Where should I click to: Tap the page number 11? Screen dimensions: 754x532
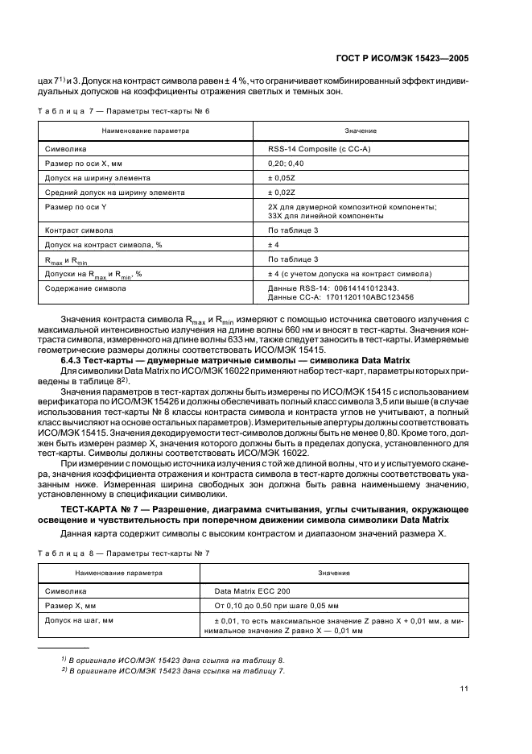(x=464, y=688)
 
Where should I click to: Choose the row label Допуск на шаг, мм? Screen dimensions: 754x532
(x=79, y=620)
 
